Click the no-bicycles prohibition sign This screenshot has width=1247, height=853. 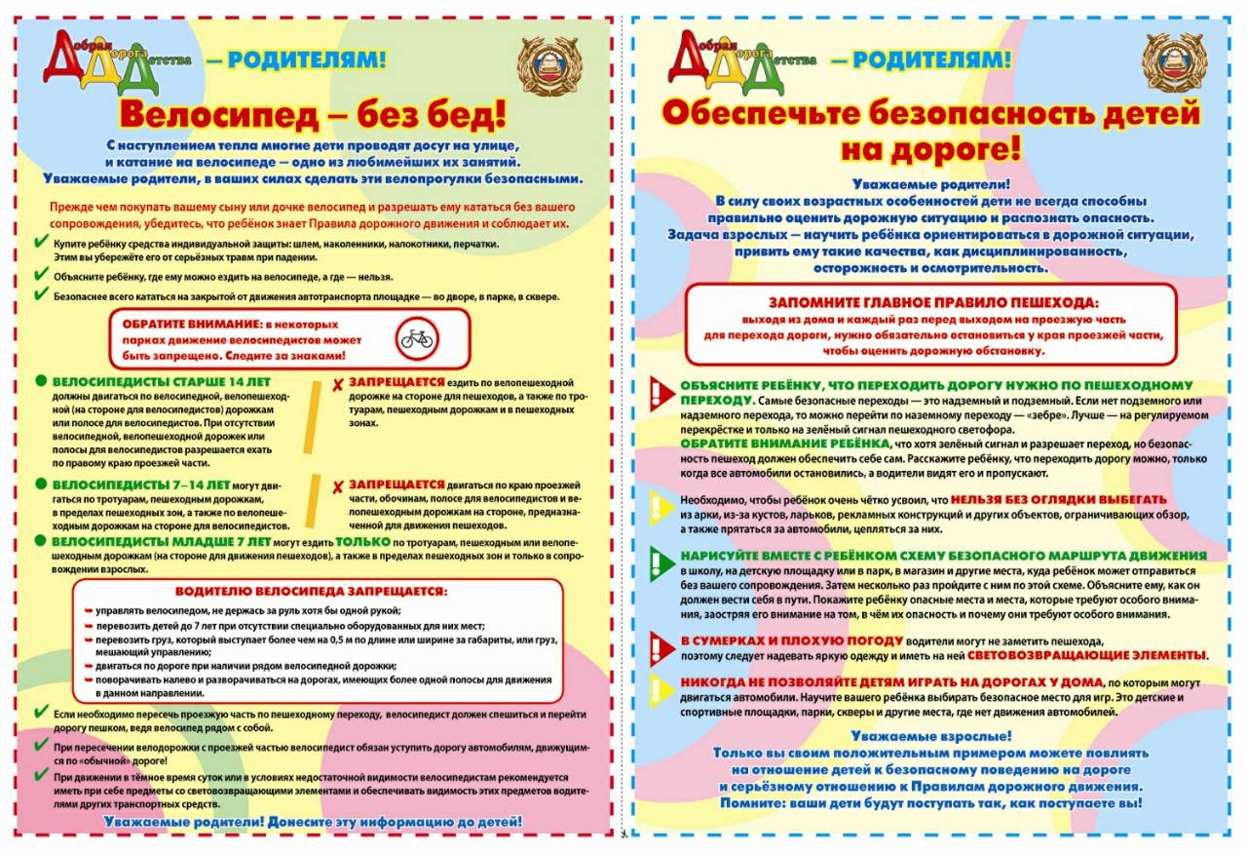pos(418,338)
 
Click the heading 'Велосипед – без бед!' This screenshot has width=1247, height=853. pos(313,113)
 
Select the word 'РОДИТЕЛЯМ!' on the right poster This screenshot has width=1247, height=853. pos(921,60)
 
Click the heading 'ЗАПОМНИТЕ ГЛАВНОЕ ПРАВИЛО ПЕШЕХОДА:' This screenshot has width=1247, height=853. pos(933,302)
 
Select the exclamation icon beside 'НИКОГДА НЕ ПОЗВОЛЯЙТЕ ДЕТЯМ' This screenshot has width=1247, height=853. pos(661,689)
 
